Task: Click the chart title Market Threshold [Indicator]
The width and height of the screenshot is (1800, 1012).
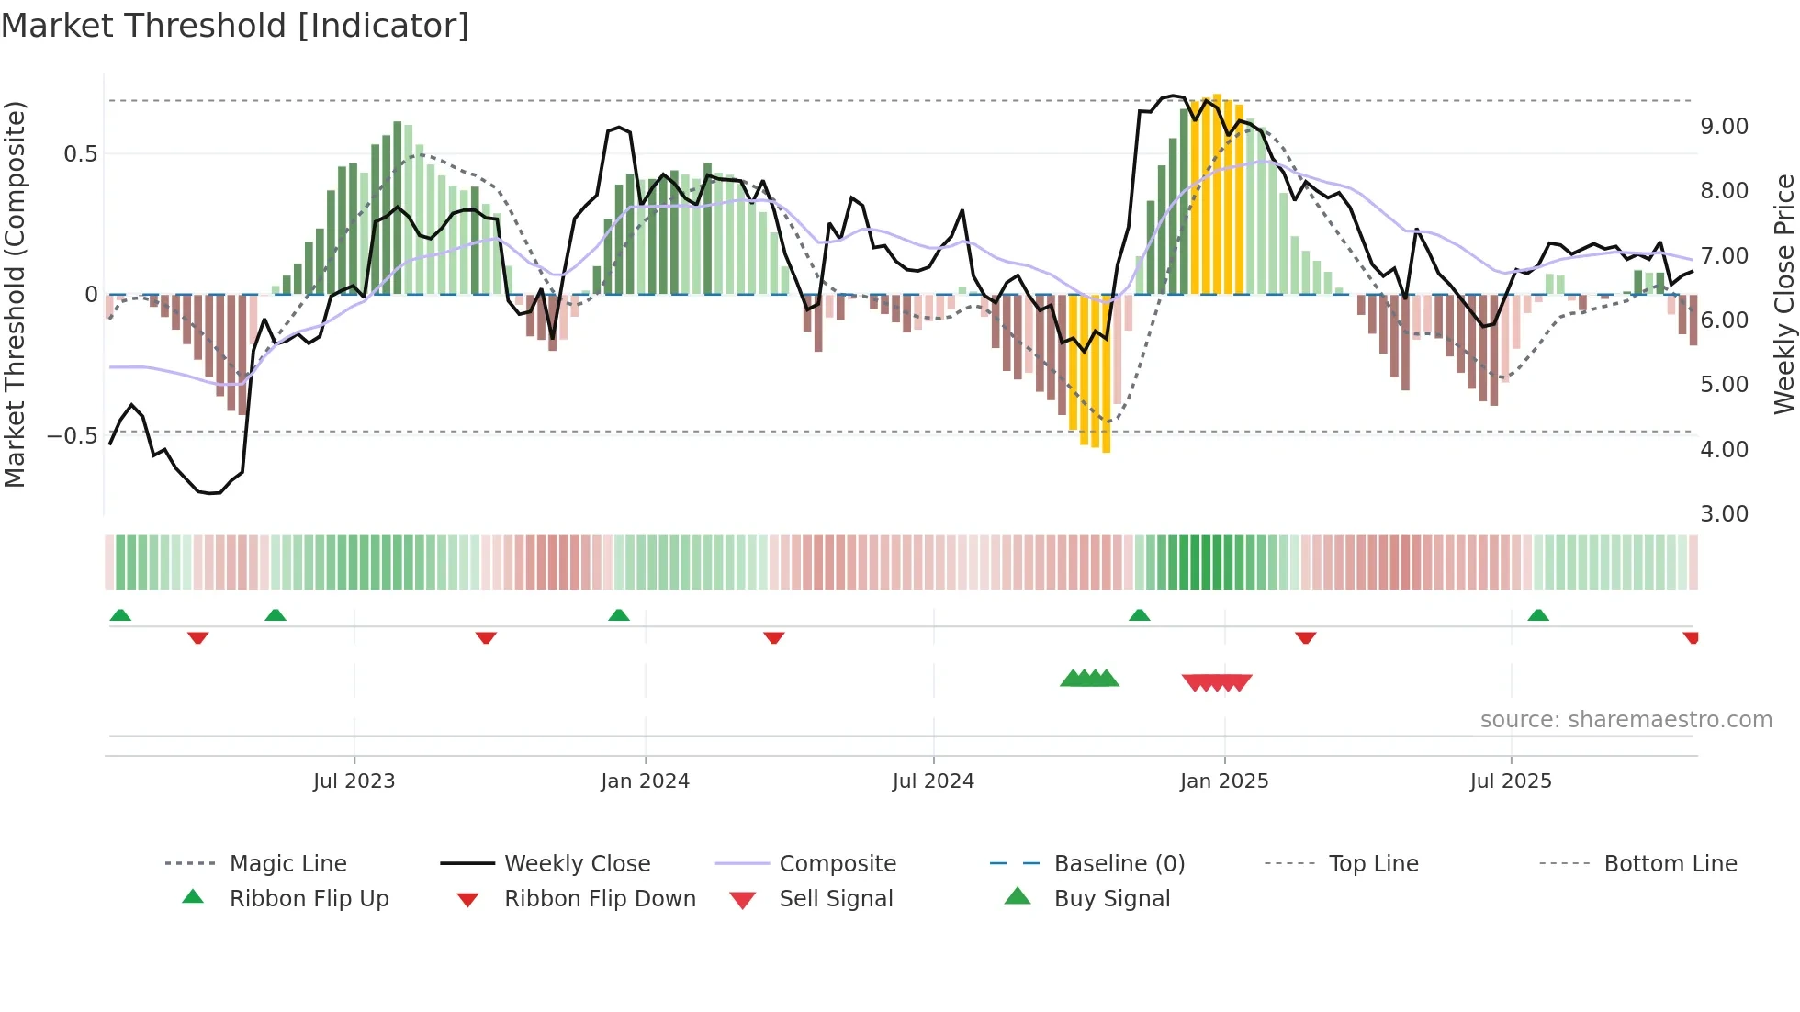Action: (235, 26)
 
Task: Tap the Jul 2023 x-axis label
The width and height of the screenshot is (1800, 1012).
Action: (354, 781)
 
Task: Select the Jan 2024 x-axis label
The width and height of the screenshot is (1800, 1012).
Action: (645, 781)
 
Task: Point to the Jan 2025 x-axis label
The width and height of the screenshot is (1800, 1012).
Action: (1224, 781)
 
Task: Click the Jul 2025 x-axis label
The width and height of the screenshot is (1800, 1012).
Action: (1511, 781)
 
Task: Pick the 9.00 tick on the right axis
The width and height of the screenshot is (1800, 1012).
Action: (1724, 127)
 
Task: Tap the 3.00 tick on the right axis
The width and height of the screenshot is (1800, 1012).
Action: (1724, 514)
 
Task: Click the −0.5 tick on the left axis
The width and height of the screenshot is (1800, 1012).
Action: (72, 435)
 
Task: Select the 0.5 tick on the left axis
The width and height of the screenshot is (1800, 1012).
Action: (80, 154)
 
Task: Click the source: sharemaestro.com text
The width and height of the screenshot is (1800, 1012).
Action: (1626, 720)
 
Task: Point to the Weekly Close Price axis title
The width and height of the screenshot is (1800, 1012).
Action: (1783, 294)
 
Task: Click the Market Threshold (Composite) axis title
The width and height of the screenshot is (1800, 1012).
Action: (15, 294)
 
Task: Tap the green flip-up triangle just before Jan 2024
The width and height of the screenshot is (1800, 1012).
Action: (619, 615)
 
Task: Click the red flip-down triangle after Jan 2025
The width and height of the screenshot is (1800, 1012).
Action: (1306, 637)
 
